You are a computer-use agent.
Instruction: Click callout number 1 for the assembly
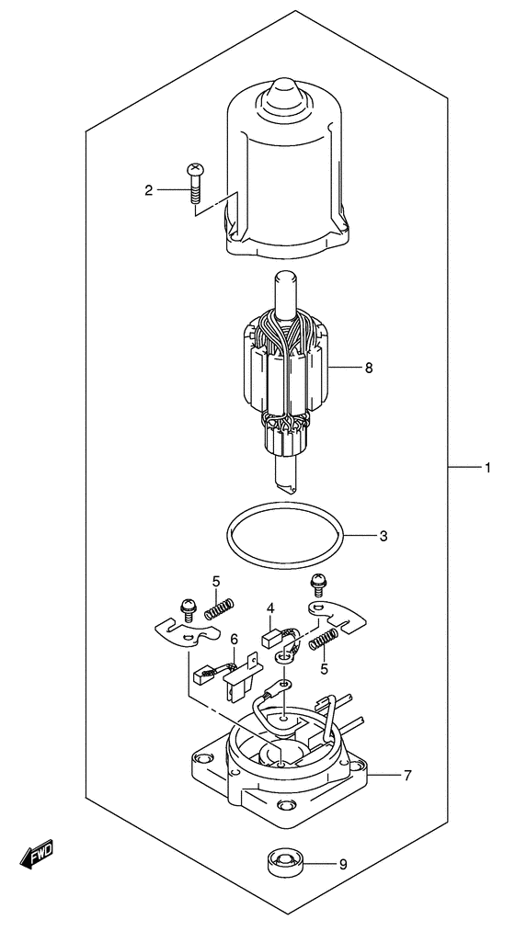point(486,469)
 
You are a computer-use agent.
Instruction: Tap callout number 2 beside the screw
point(148,190)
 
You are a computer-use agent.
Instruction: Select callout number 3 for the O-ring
point(383,536)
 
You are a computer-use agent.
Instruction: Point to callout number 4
point(270,608)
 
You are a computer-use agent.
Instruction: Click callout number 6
point(234,640)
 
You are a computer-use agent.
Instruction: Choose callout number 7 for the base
point(406,775)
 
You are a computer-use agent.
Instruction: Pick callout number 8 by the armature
point(369,368)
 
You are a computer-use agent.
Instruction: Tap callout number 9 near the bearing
point(342,865)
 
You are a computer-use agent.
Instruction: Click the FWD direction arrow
point(36,853)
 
